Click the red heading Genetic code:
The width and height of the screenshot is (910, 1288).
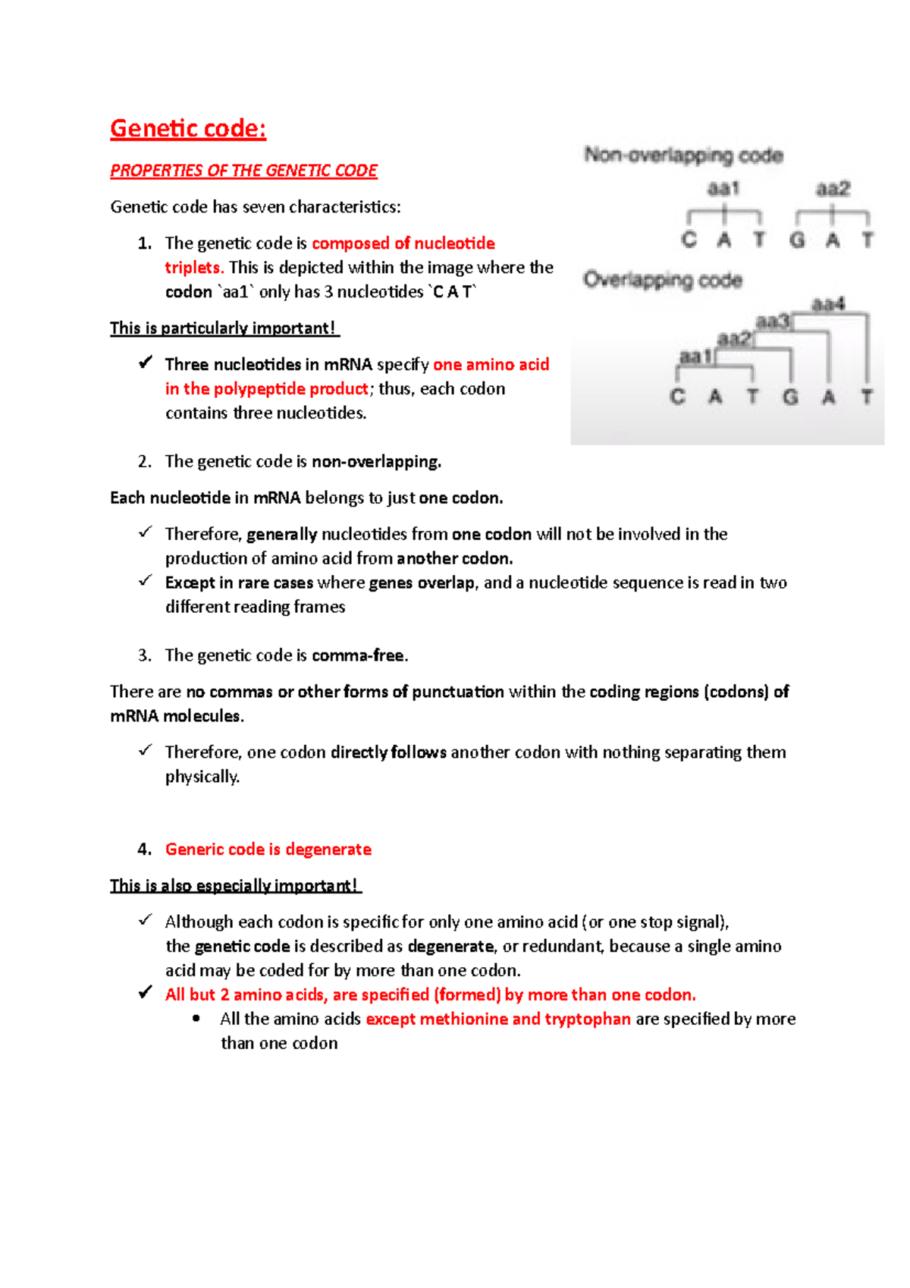click(x=188, y=128)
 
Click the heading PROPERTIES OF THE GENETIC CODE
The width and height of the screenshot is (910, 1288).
click(x=243, y=171)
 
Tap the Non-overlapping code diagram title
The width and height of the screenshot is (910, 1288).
click(x=683, y=156)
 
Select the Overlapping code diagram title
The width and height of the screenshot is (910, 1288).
click(x=662, y=280)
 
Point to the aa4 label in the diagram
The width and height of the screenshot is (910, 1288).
click(x=828, y=304)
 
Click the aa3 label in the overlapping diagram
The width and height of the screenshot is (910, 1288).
click(x=772, y=322)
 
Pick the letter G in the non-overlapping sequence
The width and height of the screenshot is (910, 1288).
click(x=797, y=240)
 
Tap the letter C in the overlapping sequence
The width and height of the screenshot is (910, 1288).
click(x=677, y=397)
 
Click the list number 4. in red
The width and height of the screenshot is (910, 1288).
click(x=145, y=850)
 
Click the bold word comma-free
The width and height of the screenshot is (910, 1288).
click(x=358, y=655)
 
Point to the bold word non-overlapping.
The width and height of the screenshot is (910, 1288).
click(x=375, y=461)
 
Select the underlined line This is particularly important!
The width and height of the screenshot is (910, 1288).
click(x=223, y=328)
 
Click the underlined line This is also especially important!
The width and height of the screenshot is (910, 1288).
click(x=234, y=885)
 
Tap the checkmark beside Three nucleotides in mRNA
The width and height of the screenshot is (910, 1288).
click(x=146, y=363)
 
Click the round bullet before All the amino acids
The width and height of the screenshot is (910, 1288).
click(x=197, y=1019)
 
